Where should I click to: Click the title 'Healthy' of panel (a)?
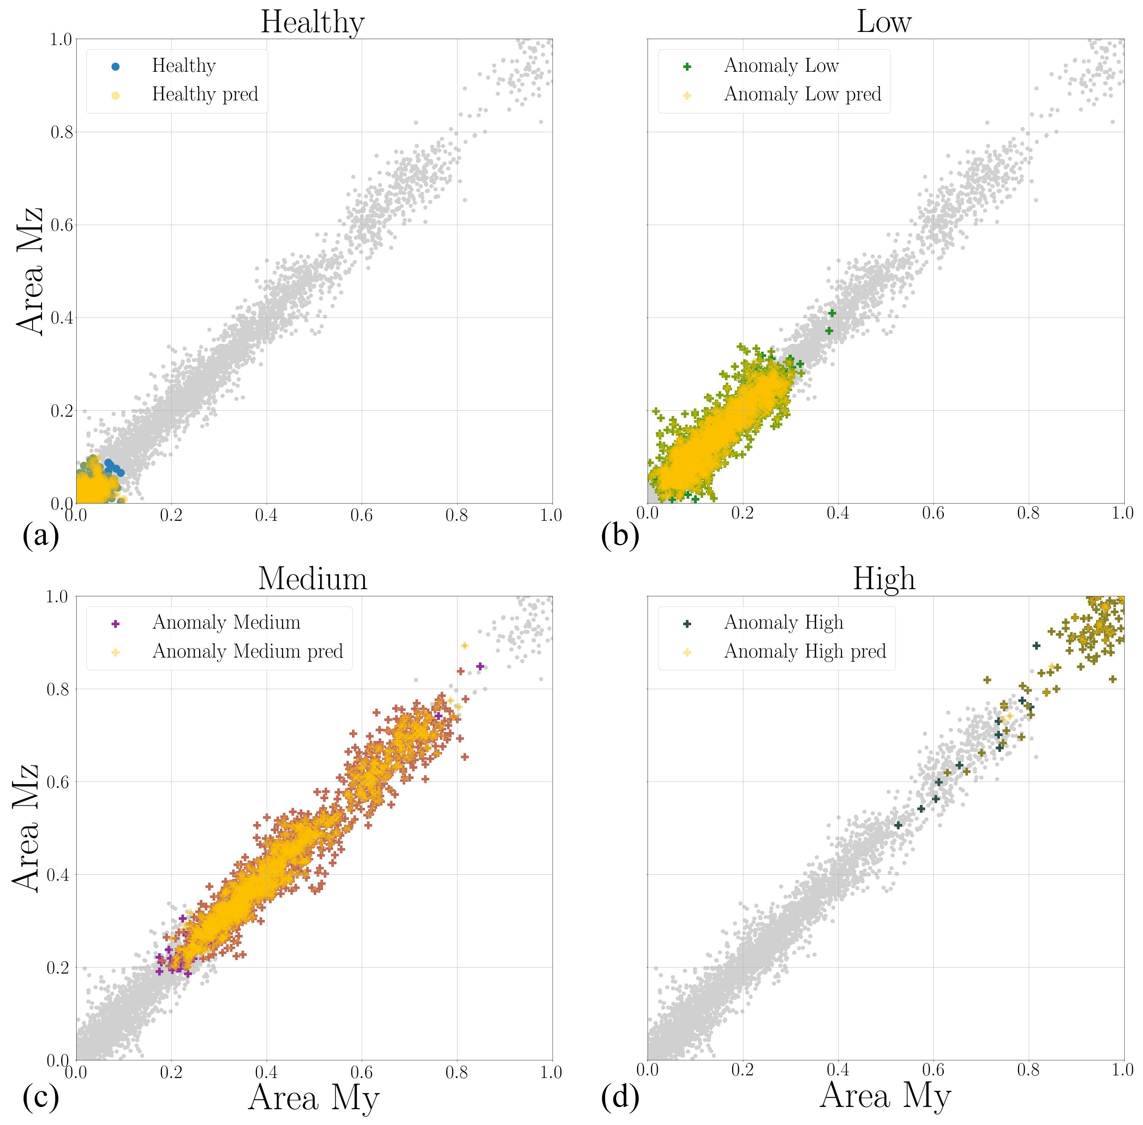(313, 23)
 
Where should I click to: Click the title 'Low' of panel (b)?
(884, 23)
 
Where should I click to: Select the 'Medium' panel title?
(313, 579)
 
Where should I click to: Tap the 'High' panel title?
(884, 579)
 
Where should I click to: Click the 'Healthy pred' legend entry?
(205, 95)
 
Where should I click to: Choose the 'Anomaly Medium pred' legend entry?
(248, 651)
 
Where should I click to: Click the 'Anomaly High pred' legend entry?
(805, 651)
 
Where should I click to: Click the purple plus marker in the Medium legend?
(116, 623)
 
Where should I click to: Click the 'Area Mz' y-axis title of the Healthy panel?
(30, 271)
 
